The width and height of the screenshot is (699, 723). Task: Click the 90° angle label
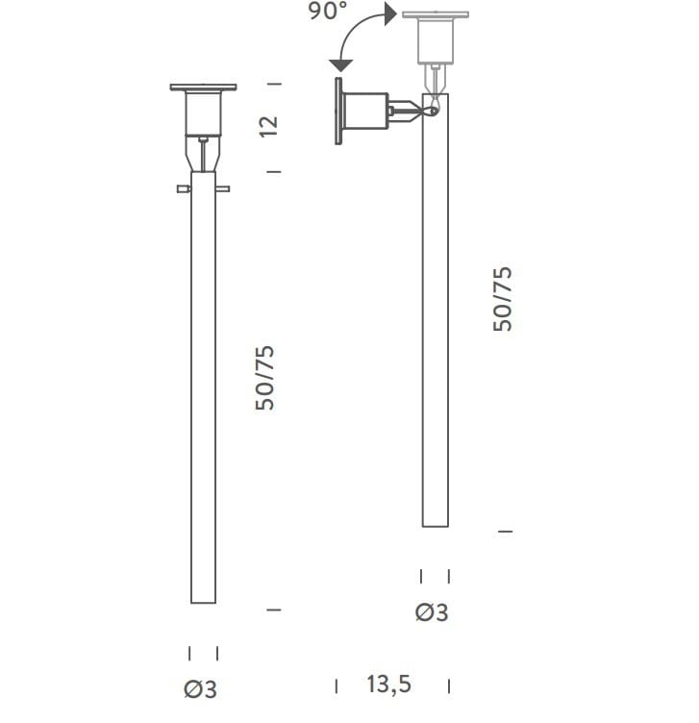pyautogui.click(x=327, y=12)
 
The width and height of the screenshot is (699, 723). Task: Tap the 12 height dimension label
pyautogui.click(x=268, y=126)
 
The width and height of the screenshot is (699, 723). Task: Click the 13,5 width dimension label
pyautogui.click(x=388, y=685)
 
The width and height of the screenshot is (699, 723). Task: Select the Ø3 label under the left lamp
pyautogui.click(x=200, y=689)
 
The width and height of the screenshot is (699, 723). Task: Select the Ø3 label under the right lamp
pyautogui.click(x=432, y=612)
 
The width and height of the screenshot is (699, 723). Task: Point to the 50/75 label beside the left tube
pyautogui.click(x=265, y=378)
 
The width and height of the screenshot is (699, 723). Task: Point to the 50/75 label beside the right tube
pyautogui.click(x=503, y=299)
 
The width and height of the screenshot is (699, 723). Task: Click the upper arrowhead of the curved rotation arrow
pyautogui.click(x=390, y=13)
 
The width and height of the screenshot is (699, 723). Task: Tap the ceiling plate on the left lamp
pyautogui.click(x=203, y=87)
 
